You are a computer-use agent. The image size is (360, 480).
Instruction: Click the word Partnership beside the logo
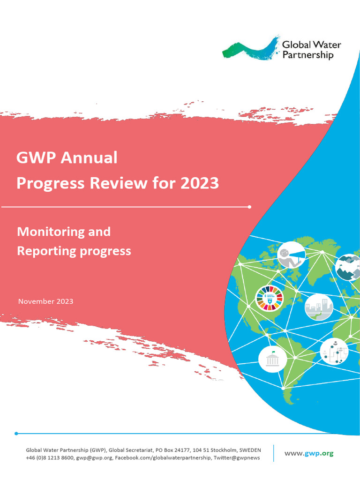[307, 55]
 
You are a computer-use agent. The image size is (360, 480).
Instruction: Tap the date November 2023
[45, 301]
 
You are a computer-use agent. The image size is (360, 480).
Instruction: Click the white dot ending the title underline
[249, 206]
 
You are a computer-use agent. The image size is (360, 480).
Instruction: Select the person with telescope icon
[291, 255]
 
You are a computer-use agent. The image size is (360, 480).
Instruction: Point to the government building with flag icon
[272, 360]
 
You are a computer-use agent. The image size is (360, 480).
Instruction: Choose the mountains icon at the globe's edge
[348, 267]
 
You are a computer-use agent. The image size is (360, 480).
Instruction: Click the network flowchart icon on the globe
[334, 351]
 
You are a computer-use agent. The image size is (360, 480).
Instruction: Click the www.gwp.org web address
[309, 453]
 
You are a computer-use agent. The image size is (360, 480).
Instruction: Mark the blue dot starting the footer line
[16, 434]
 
